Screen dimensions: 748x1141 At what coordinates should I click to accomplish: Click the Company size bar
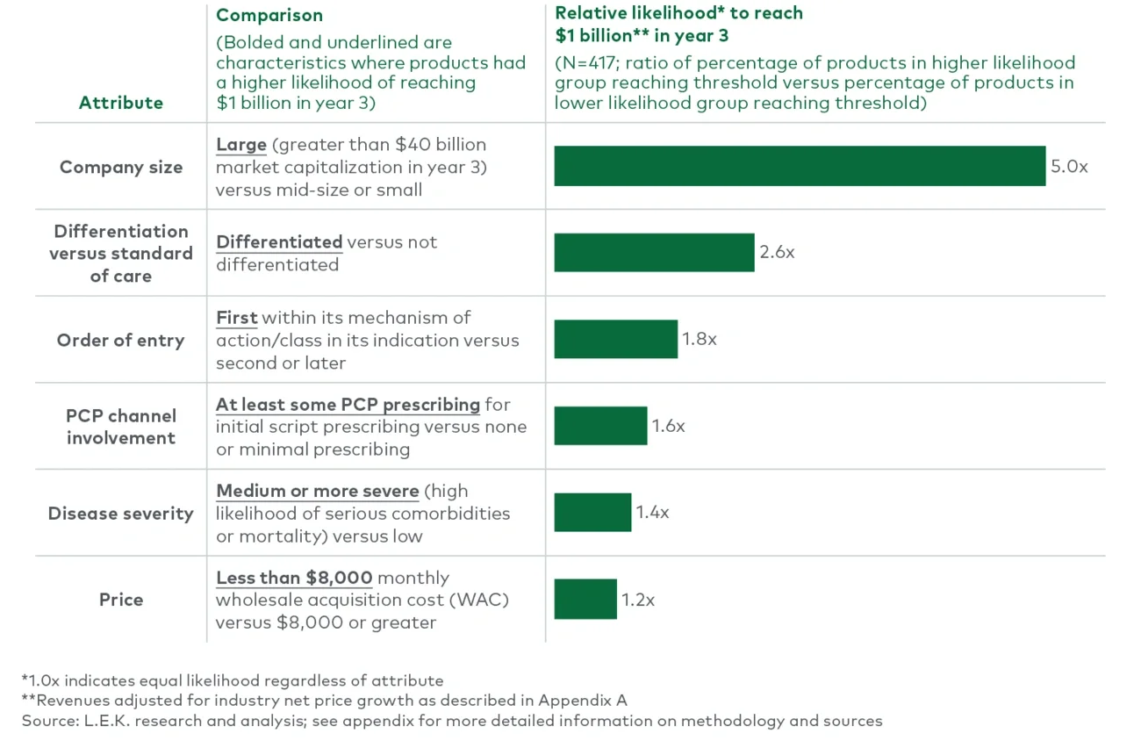[x=800, y=166]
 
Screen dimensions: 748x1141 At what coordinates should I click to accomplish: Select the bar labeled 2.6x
[x=654, y=252]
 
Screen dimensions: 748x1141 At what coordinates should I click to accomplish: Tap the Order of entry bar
[x=615, y=339]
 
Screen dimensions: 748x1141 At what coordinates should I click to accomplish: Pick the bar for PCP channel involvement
[x=600, y=426]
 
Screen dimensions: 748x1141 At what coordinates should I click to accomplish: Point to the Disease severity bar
[x=592, y=512]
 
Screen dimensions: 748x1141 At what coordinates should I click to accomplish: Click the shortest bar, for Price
[x=585, y=599]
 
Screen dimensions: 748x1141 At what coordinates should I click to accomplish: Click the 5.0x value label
[x=1069, y=166]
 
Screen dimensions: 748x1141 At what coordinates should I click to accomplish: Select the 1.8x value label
[x=700, y=339]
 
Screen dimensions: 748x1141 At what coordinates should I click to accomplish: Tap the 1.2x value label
[x=638, y=601]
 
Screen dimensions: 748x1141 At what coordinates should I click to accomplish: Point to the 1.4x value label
[x=652, y=512]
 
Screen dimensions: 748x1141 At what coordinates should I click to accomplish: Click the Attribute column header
[x=121, y=103]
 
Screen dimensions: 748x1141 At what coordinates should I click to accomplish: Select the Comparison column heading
[x=269, y=15]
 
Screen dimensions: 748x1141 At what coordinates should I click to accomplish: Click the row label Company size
[x=121, y=167]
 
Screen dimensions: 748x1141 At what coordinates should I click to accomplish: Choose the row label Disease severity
[x=121, y=514]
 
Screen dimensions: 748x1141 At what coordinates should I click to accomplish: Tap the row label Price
[x=121, y=600]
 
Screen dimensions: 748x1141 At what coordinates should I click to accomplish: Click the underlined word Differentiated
[x=279, y=241]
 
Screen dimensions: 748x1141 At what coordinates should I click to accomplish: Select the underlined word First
[x=237, y=317]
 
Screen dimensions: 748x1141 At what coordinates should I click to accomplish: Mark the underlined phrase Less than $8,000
[x=294, y=578]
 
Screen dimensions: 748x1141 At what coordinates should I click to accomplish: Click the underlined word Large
[x=241, y=144]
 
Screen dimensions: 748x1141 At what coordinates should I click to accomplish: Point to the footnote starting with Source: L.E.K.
[x=452, y=721]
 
